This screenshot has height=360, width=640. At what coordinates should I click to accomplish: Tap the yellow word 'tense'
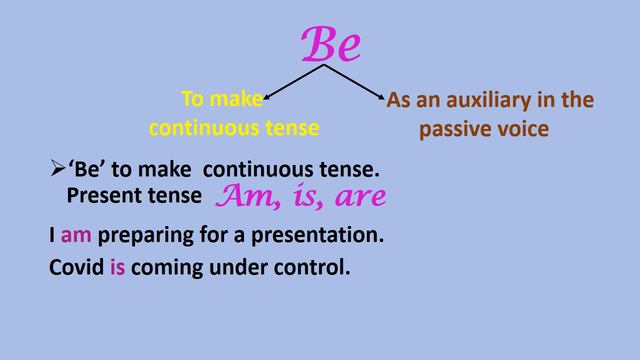[292, 128]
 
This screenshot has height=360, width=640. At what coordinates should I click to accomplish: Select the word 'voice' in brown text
[522, 129]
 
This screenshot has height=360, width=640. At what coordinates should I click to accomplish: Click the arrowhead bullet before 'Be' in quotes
[57, 172]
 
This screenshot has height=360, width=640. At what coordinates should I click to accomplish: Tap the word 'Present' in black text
[100, 196]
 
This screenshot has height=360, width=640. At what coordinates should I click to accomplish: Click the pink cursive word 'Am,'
[244, 196]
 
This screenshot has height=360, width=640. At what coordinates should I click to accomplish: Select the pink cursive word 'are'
[355, 197]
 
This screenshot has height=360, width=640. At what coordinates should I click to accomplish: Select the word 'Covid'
[75, 269]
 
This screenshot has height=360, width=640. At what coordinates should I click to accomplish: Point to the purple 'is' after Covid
[117, 269]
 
